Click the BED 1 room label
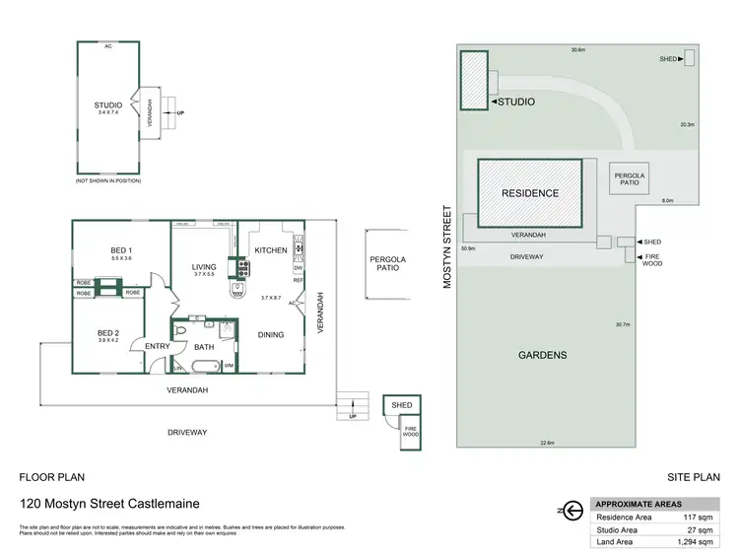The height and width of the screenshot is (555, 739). [121, 250]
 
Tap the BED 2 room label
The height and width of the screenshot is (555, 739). [107, 335]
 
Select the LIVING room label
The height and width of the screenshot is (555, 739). [204, 266]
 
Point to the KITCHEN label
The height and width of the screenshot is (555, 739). [271, 250]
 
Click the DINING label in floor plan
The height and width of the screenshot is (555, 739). [271, 335]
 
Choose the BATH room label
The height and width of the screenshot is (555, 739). [204, 347]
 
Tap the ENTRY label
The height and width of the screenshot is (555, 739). [158, 346]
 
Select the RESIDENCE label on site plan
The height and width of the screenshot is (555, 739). [530, 194]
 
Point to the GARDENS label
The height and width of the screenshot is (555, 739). [543, 355]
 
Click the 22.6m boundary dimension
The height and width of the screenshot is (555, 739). [547, 444]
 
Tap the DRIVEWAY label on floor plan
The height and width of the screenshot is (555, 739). [186, 433]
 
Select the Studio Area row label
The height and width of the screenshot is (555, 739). [618, 529]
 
